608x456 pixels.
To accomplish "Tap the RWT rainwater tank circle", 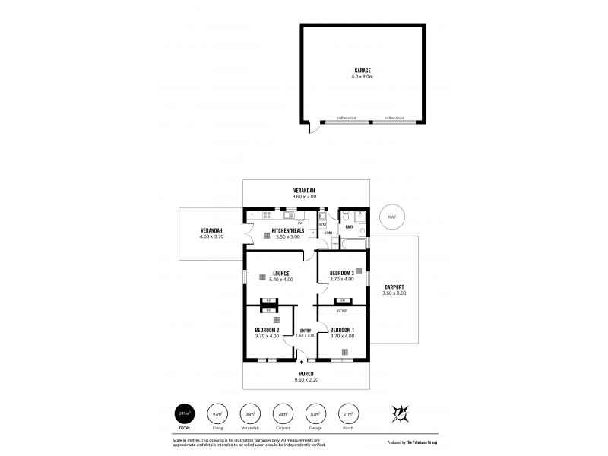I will [391, 217].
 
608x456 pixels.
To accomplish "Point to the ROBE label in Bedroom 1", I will [342, 312].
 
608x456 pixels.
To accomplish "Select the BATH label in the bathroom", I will [350, 226].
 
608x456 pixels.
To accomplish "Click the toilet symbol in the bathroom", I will [346, 216].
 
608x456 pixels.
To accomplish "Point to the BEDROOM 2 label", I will [267, 330].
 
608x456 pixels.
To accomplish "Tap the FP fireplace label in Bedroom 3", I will [342, 300].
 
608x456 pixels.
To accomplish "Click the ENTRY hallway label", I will [305, 330].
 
